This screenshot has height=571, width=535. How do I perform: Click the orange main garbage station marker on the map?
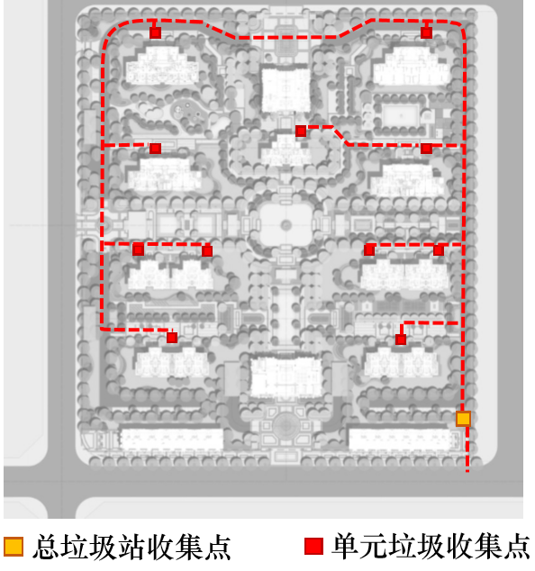click(x=463, y=419)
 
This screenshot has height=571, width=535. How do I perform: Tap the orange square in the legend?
click(x=14, y=547)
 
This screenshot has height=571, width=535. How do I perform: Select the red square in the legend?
click(x=314, y=547)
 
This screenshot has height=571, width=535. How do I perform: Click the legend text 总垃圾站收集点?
click(x=131, y=547)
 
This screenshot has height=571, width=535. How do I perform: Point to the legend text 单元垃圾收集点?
click(x=431, y=547)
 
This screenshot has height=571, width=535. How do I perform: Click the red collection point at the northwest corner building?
click(x=155, y=32)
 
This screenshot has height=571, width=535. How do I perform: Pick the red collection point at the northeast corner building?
click(x=427, y=32)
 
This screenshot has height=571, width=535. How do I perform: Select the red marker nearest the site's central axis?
click(x=301, y=131)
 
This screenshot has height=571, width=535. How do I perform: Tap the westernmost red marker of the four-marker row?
click(x=138, y=250)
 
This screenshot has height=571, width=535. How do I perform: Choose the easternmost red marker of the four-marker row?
click(x=439, y=249)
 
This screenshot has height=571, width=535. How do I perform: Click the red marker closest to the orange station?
click(x=401, y=340)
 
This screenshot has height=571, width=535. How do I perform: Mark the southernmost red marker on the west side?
click(x=172, y=338)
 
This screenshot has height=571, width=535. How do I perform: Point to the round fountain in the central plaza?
click(x=286, y=225)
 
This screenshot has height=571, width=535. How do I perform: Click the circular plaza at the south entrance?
click(x=286, y=425)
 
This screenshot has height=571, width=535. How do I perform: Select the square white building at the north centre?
click(x=286, y=89)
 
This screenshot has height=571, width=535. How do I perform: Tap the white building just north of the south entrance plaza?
click(x=286, y=377)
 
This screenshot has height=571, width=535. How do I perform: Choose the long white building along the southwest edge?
click(x=171, y=440)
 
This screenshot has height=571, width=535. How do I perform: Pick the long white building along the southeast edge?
click(x=402, y=440)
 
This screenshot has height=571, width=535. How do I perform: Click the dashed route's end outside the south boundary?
click(x=467, y=471)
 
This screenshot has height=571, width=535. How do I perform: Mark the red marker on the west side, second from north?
click(x=155, y=149)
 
